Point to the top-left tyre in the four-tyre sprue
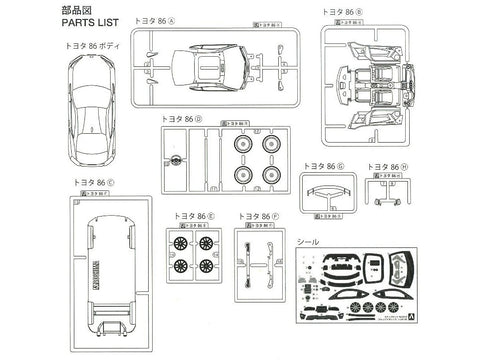click(x=243, y=146)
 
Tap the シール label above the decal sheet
click(x=313, y=240)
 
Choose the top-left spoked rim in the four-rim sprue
click(x=180, y=241)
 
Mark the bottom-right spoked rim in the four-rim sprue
click(x=206, y=266)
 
